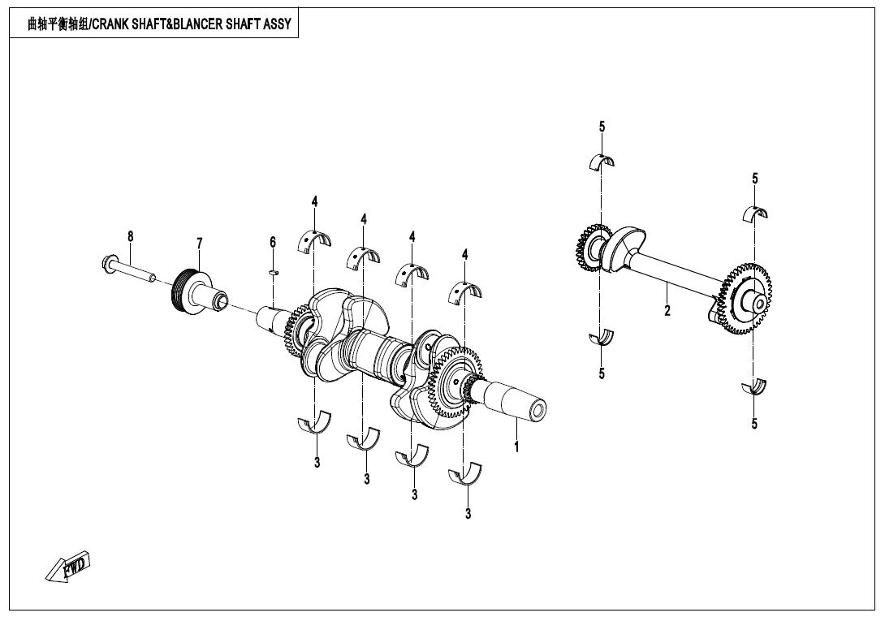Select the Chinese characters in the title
pyautogui.click(x=56, y=24)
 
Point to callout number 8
pyautogui.click(x=130, y=236)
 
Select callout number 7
pyautogui.click(x=200, y=243)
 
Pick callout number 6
pyautogui.click(x=273, y=242)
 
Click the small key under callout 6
pyautogui.click(x=274, y=272)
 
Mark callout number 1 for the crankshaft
pyautogui.click(x=516, y=446)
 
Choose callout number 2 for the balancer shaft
pyautogui.click(x=667, y=310)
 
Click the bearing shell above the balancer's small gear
pyautogui.click(x=602, y=161)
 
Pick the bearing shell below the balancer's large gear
pyautogui.click(x=755, y=387)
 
